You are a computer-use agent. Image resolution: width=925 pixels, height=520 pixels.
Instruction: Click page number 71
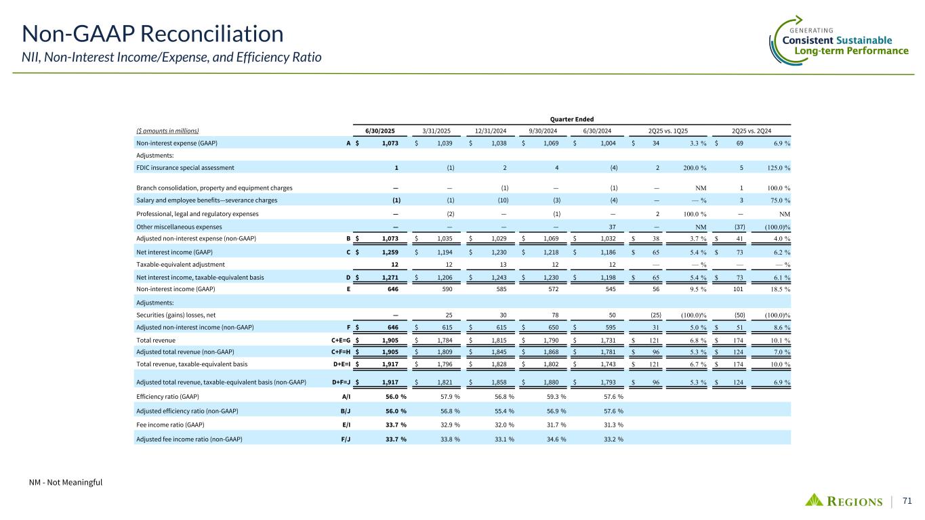click(x=907, y=500)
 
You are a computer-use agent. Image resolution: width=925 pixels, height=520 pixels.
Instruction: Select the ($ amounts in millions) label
click(x=166, y=130)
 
